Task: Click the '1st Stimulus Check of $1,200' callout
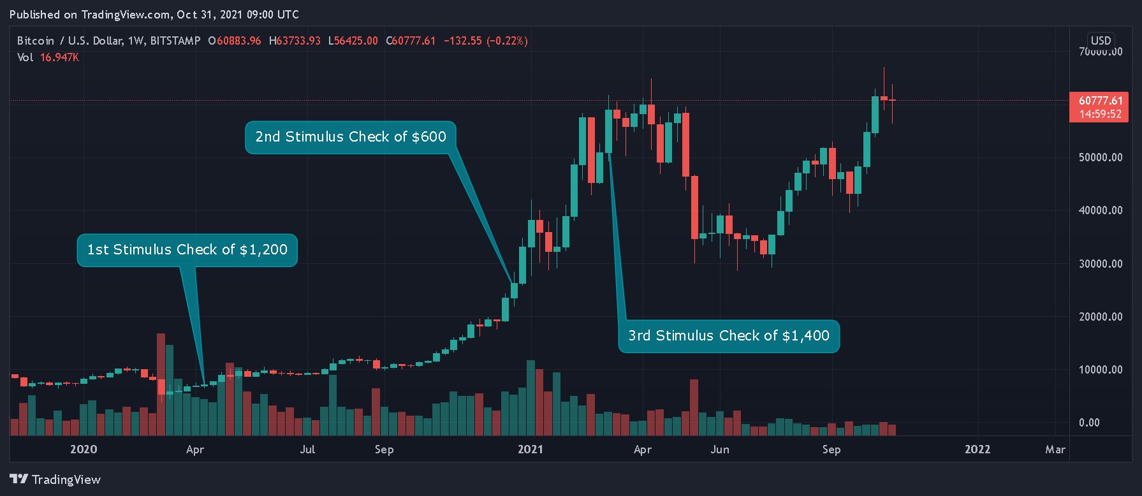click(x=187, y=250)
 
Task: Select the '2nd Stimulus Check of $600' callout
click(x=351, y=137)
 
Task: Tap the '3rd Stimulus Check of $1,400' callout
click(x=729, y=336)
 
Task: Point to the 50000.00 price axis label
click(x=1101, y=157)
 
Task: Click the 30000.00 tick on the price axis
click(x=1101, y=263)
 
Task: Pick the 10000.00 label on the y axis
click(x=1101, y=370)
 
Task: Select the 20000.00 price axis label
click(x=1101, y=317)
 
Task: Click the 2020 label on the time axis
click(x=84, y=449)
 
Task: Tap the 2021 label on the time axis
click(x=531, y=449)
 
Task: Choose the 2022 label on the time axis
click(x=977, y=449)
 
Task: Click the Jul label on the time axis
click(x=307, y=449)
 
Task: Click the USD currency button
click(x=1101, y=40)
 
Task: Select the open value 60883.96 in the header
click(x=238, y=41)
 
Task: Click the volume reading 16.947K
click(x=59, y=57)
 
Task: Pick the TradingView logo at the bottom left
click(x=55, y=479)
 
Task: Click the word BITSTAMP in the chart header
click(x=175, y=41)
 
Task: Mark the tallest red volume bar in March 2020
click(x=161, y=383)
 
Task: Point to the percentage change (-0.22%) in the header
click(x=508, y=41)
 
